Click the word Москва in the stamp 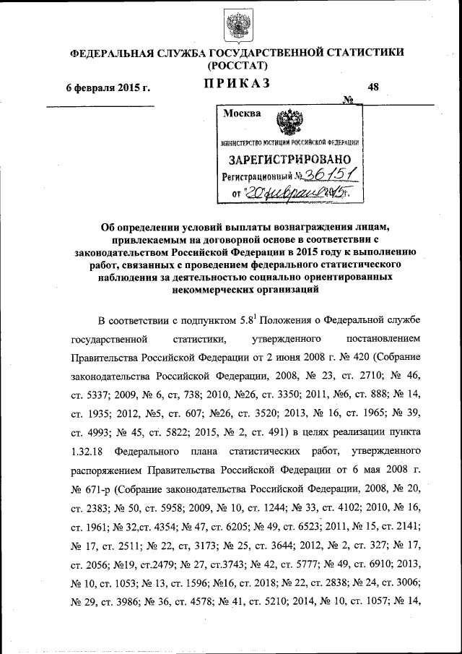click(243, 113)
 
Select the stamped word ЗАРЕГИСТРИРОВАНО click(290, 159)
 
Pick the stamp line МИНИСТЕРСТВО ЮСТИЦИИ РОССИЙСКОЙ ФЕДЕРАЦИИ click(290, 143)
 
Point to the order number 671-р click(90, 489)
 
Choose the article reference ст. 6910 click(365, 564)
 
